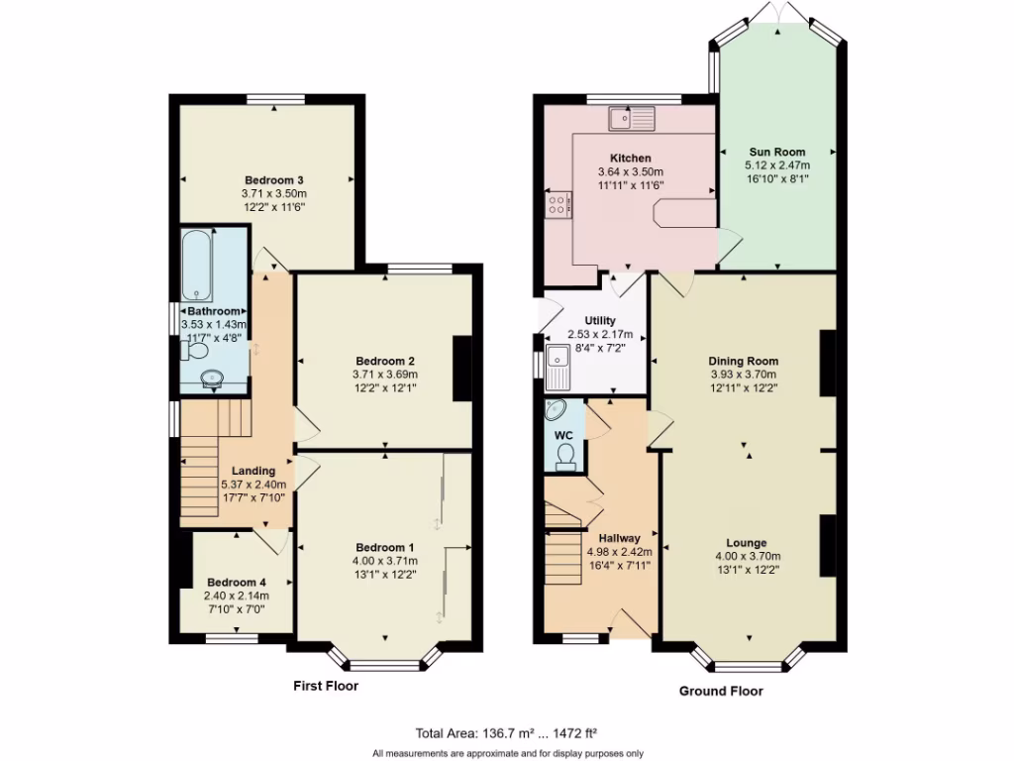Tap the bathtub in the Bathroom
195,266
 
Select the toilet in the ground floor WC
565,454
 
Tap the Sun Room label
776,152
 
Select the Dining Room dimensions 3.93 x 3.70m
744,375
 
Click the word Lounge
746,543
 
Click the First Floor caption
326,686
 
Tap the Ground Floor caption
721,691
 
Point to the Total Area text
506,734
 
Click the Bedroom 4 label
236,582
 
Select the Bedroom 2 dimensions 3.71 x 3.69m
385,375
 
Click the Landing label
253,471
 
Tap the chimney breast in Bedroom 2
462,369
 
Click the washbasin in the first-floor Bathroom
211,378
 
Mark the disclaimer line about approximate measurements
507,753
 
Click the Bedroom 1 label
385,548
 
